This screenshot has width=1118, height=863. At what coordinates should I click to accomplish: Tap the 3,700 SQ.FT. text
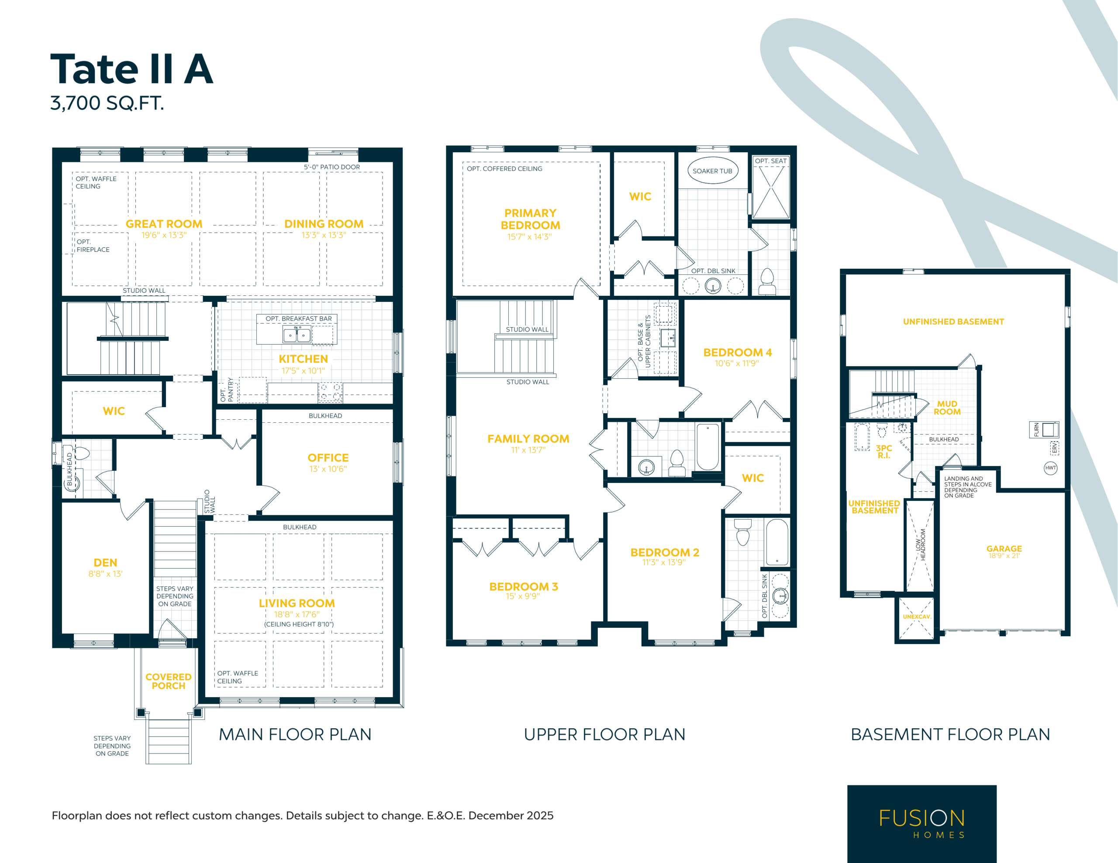tap(107, 103)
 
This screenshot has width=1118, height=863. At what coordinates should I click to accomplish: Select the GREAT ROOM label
tap(164, 224)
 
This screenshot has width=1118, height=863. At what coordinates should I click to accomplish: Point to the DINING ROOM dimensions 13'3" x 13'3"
tap(324, 235)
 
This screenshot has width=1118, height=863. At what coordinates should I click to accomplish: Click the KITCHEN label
tap(303, 359)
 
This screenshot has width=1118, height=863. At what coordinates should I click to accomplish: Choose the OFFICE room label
tap(328, 458)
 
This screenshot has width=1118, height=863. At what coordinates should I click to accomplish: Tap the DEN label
tap(105, 563)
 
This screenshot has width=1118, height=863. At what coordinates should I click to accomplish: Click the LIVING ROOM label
tap(297, 604)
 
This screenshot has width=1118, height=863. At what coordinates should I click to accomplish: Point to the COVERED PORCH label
tap(169, 681)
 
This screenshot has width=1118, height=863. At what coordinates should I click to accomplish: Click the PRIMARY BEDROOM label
tap(530, 219)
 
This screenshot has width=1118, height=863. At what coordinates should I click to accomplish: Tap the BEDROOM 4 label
tap(738, 353)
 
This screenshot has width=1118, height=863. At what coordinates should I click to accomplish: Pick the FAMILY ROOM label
tap(528, 439)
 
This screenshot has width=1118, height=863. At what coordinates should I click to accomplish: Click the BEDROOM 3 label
tap(524, 587)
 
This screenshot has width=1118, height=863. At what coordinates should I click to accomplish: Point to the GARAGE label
tap(1004, 549)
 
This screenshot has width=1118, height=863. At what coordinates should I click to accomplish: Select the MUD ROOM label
tap(947, 408)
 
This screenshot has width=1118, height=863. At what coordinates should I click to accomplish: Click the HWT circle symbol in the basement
tap(1051, 468)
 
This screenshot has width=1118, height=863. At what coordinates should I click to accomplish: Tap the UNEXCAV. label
tap(917, 617)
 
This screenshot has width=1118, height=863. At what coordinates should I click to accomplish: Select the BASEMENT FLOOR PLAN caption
tap(951, 735)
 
